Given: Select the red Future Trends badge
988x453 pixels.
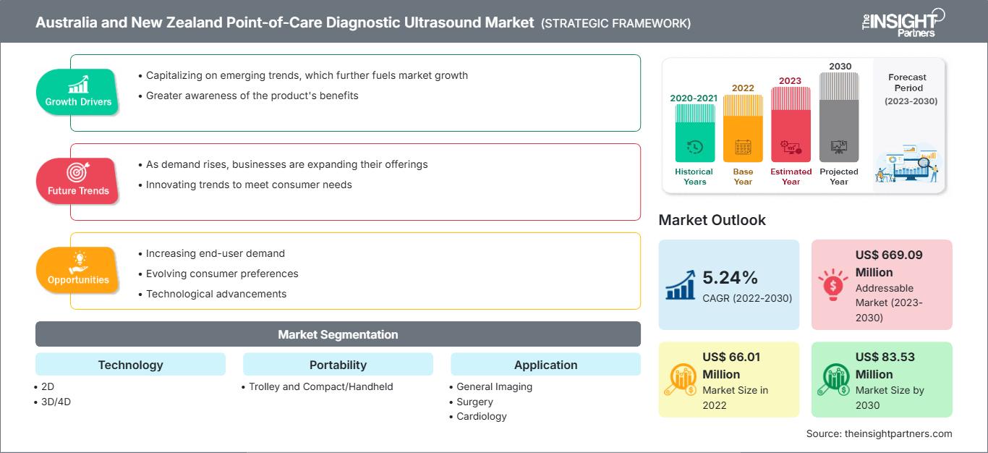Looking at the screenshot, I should tap(78, 181).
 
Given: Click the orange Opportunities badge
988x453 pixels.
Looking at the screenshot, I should tap(78, 270).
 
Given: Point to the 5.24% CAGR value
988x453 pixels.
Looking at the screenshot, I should tap(729, 277).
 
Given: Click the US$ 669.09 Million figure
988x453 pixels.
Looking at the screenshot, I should tap(889, 263).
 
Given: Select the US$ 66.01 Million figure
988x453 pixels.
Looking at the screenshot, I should tap(731, 365).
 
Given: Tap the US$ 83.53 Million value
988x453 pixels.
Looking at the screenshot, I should tap(884, 365).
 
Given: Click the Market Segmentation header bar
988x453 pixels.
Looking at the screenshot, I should tap(338, 334).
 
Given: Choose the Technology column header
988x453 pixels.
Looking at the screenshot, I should tap(130, 365).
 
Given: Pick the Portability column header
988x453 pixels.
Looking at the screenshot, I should tap(338, 365).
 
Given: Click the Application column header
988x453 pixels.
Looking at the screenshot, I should tap(545, 365).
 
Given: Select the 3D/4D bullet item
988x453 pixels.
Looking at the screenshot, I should tap(56, 402).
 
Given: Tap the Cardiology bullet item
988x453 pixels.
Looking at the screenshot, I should tap(481, 416).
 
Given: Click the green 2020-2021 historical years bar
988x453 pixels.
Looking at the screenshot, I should tap(694, 133).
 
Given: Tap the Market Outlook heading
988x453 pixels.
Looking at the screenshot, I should tap(712, 220).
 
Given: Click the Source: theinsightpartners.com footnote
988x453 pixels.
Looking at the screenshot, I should tap(879, 433).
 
